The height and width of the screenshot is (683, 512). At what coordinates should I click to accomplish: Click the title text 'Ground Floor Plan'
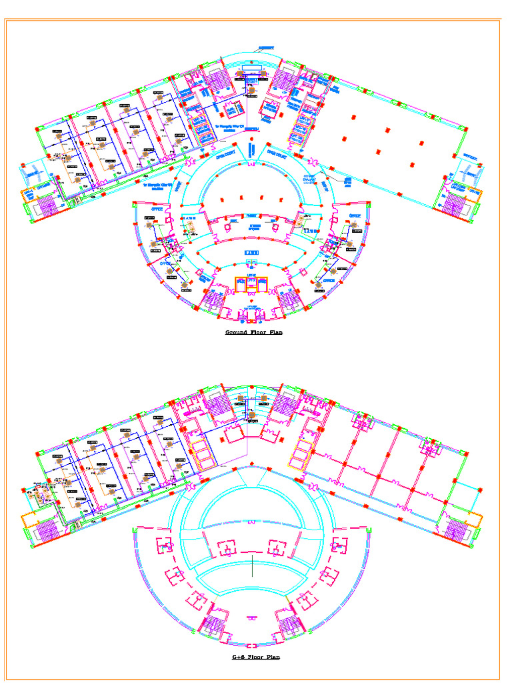(253, 332)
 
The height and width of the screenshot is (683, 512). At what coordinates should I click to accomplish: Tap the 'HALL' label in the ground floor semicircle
(251, 252)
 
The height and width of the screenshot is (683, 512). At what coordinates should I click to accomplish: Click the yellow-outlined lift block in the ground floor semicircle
(251, 283)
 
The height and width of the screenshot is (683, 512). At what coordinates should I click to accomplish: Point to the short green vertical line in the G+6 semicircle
(253, 567)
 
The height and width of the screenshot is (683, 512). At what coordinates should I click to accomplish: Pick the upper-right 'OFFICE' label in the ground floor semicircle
(355, 216)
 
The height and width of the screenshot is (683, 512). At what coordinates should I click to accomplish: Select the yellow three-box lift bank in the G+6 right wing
(302, 454)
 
